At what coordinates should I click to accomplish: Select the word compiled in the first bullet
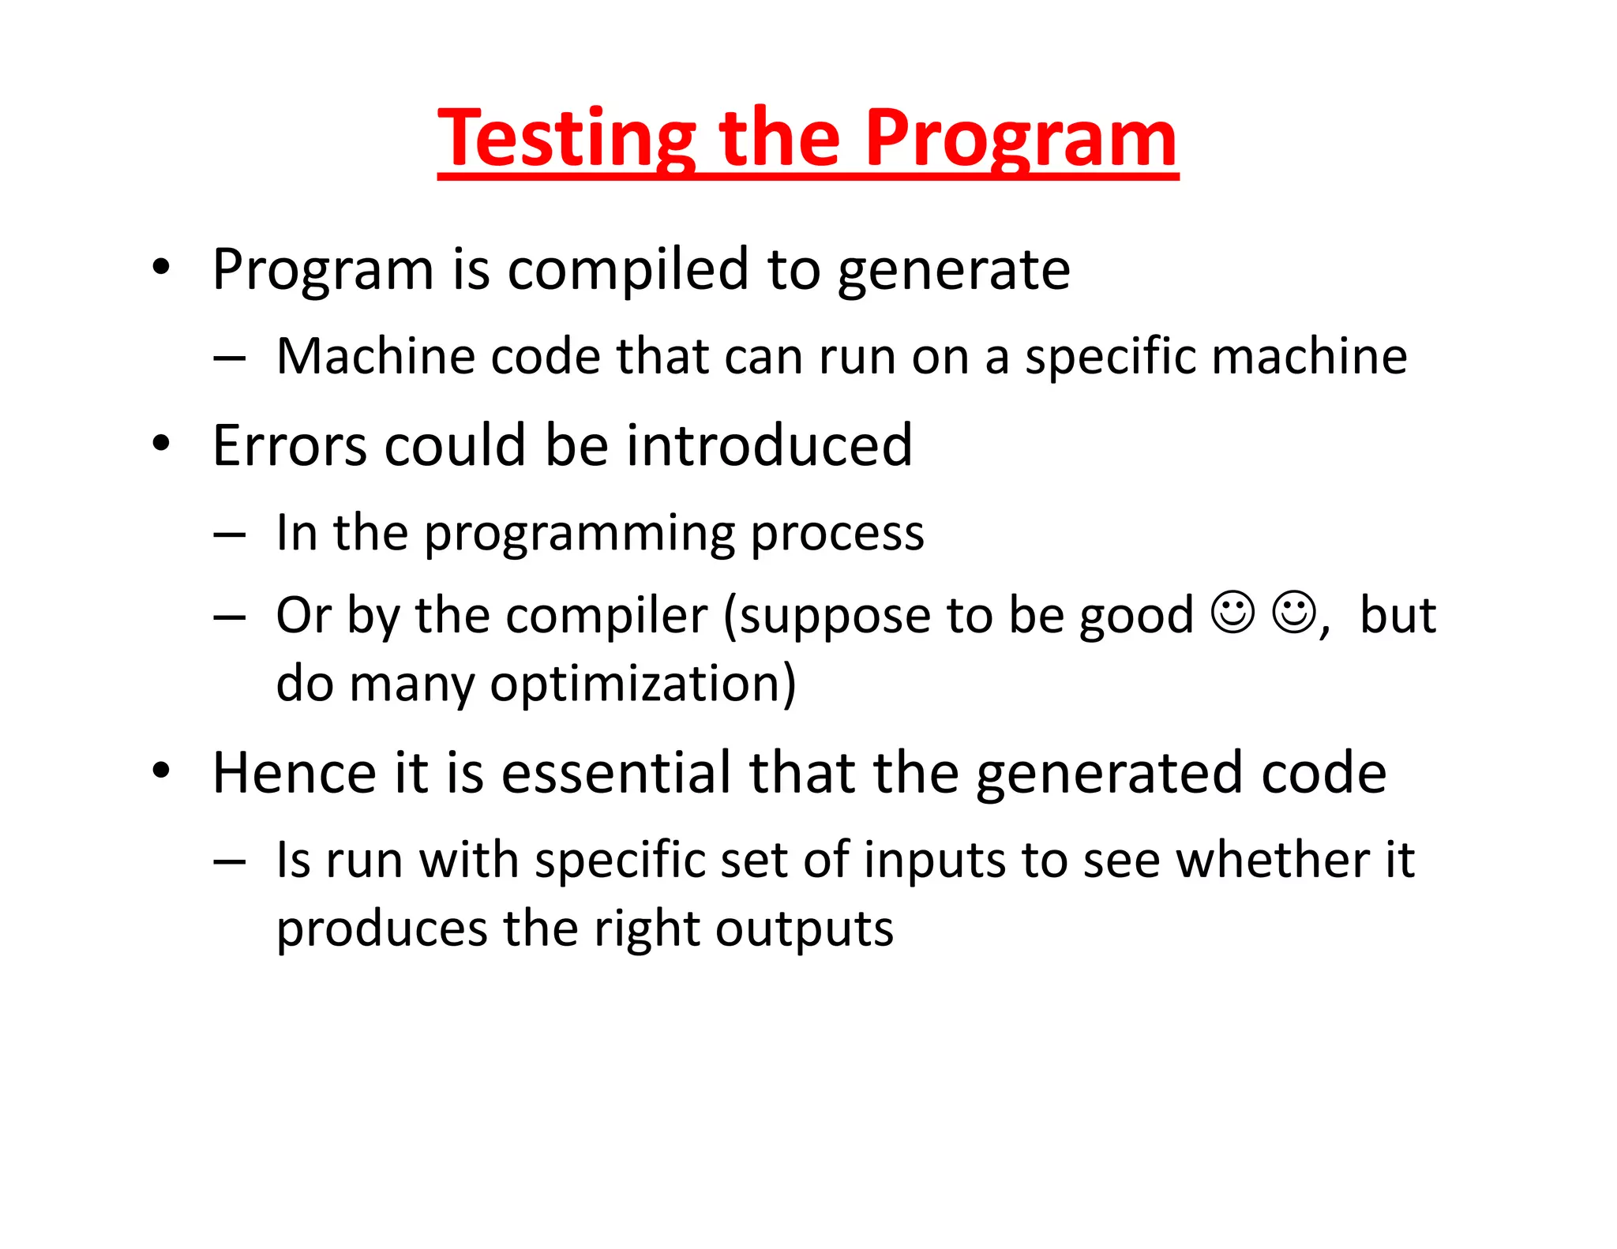(628, 270)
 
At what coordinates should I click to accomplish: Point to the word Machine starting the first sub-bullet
(375, 356)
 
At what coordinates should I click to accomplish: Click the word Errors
(289, 446)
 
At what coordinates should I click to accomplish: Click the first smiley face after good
(1232, 612)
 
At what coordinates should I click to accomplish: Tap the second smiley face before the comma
(1293, 612)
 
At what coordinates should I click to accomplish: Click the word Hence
(294, 773)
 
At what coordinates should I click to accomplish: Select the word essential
(616, 773)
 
